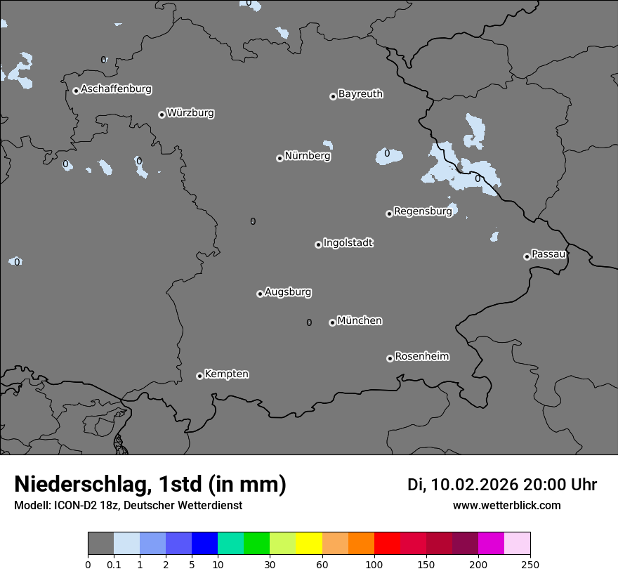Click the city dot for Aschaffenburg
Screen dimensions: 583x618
click(76, 91)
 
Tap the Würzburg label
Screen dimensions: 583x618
click(190, 113)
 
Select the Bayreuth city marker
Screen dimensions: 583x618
click(333, 97)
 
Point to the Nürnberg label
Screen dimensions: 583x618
click(307, 156)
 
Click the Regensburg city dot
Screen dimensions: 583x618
click(389, 214)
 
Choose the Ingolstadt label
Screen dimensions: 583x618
click(348, 243)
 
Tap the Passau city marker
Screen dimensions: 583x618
click(527, 256)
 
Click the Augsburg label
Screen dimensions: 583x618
click(288, 292)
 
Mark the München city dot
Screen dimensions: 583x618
click(332, 323)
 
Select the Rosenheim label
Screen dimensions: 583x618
click(421, 357)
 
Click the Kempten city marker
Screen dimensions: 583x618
click(199, 376)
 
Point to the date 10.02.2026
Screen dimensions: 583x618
click(475, 485)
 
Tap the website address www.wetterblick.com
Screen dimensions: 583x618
click(506, 505)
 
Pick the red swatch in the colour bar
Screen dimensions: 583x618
click(387, 544)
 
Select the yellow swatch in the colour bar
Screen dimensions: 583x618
click(309, 544)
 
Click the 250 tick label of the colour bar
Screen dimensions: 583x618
click(530, 564)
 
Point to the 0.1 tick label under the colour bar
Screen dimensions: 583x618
click(114, 564)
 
